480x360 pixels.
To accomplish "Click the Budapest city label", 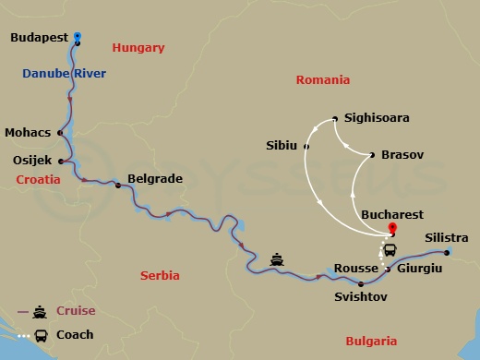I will pyautogui.click(x=40, y=38).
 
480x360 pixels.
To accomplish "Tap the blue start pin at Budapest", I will pyautogui.click(x=78, y=36).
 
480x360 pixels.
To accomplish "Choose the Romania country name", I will pyautogui.click(x=322, y=80).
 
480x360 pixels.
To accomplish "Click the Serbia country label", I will pyautogui.click(x=162, y=275).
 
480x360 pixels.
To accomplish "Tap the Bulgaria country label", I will pyautogui.click(x=371, y=341).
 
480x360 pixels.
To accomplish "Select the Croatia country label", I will pyautogui.click(x=38, y=181).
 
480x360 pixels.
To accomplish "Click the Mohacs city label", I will pyautogui.click(x=28, y=132).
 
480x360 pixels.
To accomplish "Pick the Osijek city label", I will pyautogui.click(x=32, y=160).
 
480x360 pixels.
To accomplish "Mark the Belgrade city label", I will pyautogui.click(x=154, y=179).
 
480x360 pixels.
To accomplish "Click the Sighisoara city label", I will pyautogui.click(x=376, y=118).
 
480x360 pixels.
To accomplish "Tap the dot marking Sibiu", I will pyautogui.click(x=306, y=146).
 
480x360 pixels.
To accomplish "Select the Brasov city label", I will pyautogui.click(x=402, y=155).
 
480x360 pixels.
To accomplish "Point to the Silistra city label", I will pyautogui.click(x=446, y=238).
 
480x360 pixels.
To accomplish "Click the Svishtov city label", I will pyautogui.click(x=360, y=298).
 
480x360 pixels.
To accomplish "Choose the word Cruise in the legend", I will pyautogui.click(x=75, y=311).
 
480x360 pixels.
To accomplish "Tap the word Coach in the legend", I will pyautogui.click(x=74, y=335).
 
